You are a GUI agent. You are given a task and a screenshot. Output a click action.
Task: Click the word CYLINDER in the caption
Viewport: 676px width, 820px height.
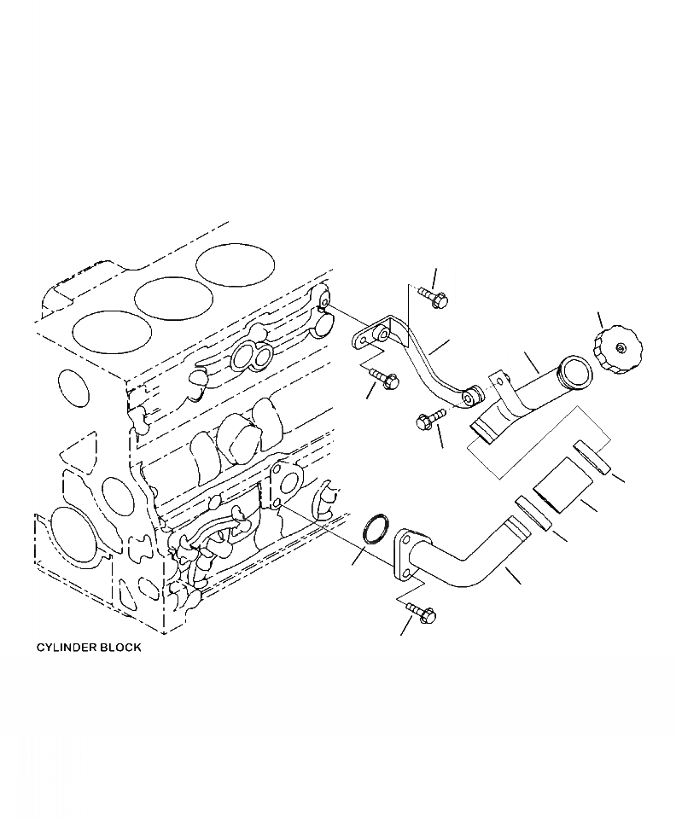(x=64, y=648)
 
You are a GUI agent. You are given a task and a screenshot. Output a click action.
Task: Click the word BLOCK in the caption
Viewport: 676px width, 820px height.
(x=119, y=648)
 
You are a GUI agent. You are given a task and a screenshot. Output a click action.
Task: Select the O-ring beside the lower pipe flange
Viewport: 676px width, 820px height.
(x=374, y=529)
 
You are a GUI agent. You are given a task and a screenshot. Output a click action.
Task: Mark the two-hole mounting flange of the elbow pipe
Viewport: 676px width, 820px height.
(x=405, y=554)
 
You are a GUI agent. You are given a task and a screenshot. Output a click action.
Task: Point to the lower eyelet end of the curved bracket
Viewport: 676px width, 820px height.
(x=472, y=398)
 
